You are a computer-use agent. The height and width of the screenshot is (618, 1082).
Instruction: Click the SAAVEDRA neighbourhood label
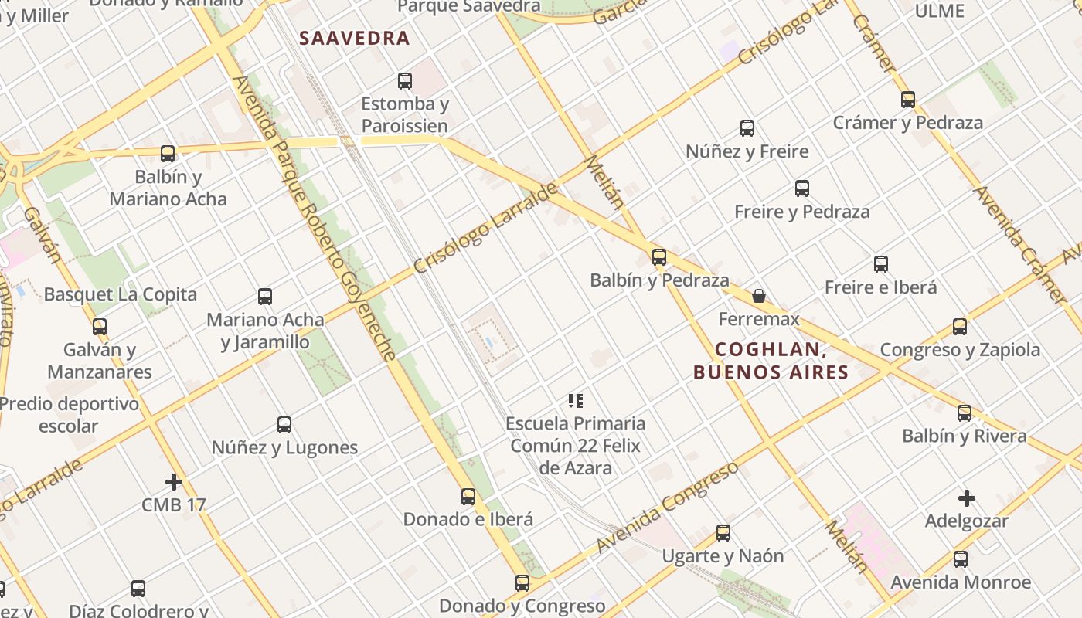click(x=354, y=38)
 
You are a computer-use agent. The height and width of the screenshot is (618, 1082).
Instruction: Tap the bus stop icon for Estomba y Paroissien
click(x=404, y=80)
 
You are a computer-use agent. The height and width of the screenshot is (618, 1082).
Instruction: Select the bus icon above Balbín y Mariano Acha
click(x=168, y=153)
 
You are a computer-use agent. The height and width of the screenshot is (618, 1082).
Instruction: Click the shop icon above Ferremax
click(x=759, y=296)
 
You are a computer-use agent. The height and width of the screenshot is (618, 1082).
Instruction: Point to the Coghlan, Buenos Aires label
click(x=771, y=361)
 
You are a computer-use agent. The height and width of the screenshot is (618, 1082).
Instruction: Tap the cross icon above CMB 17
click(x=174, y=482)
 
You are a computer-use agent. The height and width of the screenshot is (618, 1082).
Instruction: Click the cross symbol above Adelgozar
click(x=966, y=498)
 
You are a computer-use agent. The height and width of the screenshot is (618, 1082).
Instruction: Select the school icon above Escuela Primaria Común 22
click(x=576, y=400)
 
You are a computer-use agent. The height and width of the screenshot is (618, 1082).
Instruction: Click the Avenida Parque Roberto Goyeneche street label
click(x=314, y=218)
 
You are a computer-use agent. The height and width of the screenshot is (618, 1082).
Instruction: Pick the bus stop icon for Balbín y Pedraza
click(x=659, y=257)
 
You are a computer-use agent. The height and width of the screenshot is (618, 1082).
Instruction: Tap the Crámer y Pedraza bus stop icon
click(x=908, y=99)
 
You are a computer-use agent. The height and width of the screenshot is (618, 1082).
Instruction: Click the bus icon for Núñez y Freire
click(x=747, y=128)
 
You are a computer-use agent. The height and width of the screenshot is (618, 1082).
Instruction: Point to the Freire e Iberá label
click(x=880, y=287)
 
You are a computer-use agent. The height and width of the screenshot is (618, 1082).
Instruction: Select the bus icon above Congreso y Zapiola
click(x=960, y=326)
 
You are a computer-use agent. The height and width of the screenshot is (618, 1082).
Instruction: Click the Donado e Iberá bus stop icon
click(x=468, y=496)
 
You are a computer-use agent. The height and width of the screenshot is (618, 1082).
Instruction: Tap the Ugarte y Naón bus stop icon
click(x=723, y=532)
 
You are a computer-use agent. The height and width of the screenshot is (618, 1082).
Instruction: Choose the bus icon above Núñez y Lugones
click(x=284, y=424)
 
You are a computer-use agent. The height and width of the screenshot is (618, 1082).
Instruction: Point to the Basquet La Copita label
click(x=121, y=294)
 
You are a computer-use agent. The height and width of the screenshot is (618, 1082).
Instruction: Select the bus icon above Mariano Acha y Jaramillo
click(x=265, y=296)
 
